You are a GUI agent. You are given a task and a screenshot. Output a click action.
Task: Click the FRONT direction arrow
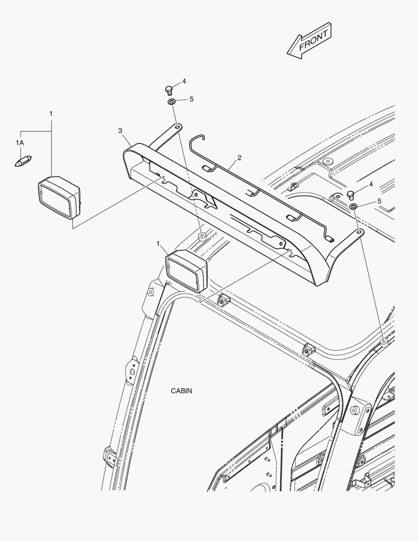point(309,41)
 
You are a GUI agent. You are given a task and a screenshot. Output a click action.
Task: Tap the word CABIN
point(181,391)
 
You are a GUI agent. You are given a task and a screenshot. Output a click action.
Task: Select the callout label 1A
point(20,142)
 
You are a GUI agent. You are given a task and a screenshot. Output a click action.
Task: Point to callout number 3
point(120,131)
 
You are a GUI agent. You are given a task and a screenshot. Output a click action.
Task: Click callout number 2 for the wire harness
point(239,158)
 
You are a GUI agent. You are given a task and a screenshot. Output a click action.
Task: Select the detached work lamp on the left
point(59,198)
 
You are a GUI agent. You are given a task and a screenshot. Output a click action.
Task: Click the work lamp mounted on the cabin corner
point(187,271)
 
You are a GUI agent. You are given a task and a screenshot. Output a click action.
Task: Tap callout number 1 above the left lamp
point(51,114)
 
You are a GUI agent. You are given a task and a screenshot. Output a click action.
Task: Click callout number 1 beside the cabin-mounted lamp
point(158,244)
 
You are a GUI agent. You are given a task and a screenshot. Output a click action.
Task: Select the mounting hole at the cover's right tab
point(359,232)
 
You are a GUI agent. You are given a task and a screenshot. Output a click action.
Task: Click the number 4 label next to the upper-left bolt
point(184,82)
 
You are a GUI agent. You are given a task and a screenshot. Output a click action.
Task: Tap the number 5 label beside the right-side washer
point(379,201)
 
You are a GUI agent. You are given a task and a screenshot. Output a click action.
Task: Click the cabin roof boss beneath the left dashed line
point(202,236)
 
